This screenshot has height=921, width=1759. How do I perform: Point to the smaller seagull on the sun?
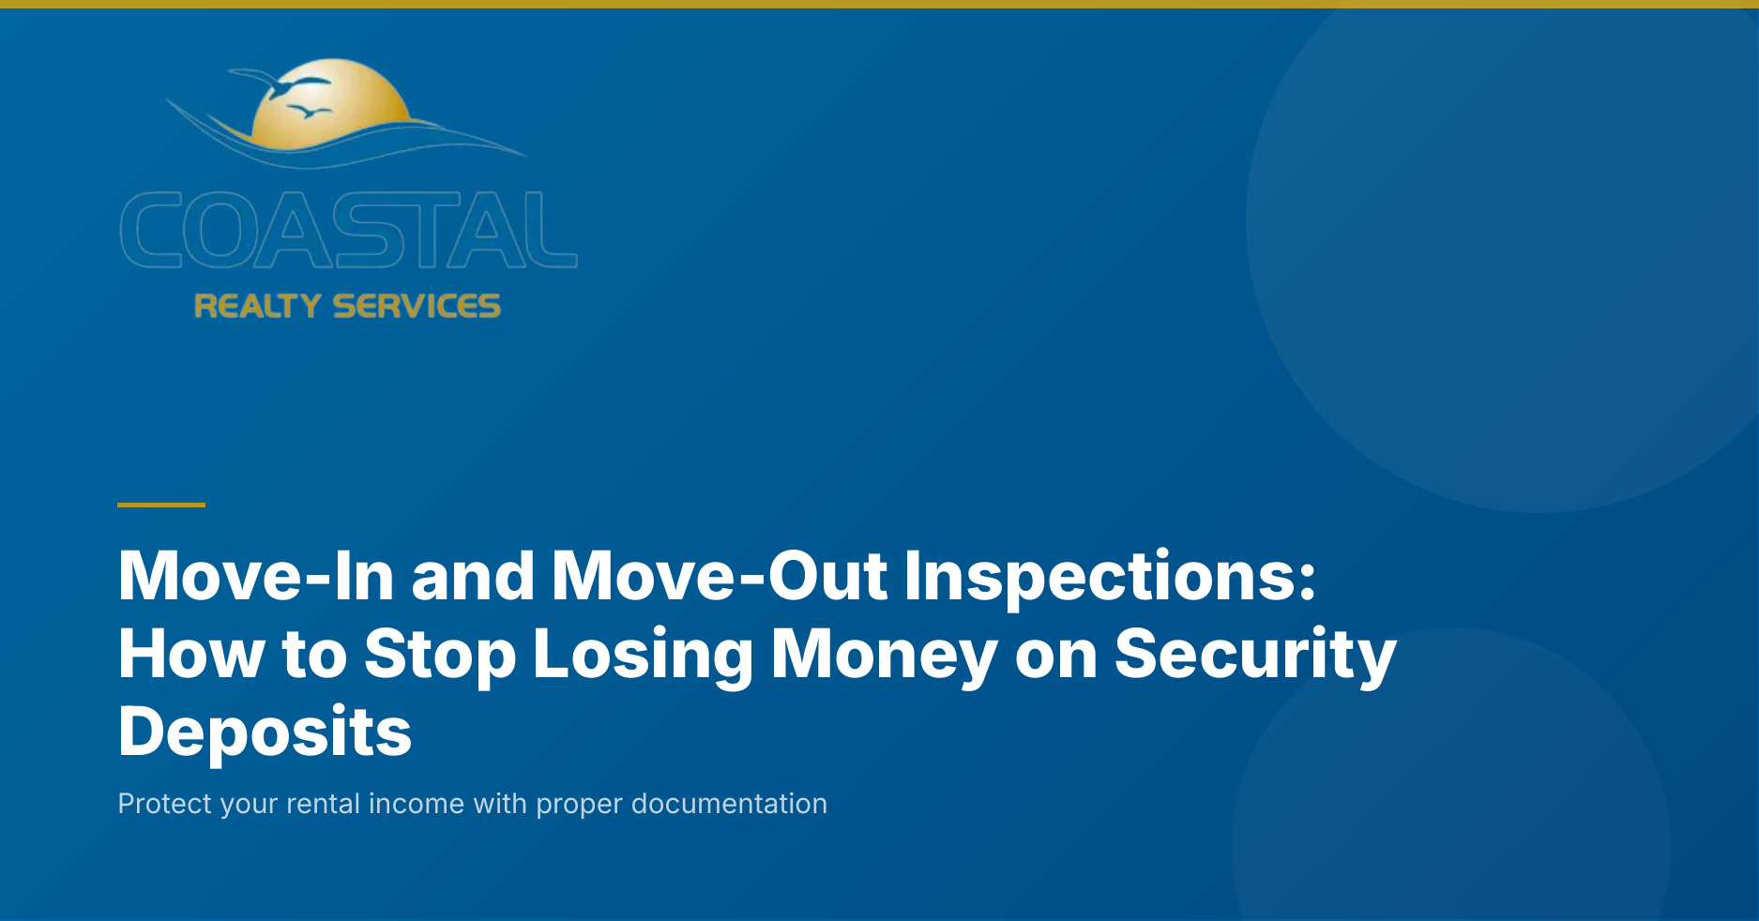click(309, 113)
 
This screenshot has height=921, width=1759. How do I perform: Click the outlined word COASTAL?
click(349, 230)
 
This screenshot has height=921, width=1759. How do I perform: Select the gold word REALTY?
click(257, 306)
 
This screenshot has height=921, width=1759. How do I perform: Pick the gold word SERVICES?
click(417, 306)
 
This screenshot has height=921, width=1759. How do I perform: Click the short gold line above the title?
click(161, 505)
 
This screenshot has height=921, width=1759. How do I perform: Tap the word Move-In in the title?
click(256, 576)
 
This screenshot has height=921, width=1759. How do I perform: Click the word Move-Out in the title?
click(720, 576)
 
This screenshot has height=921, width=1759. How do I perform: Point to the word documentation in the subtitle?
click(729, 804)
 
